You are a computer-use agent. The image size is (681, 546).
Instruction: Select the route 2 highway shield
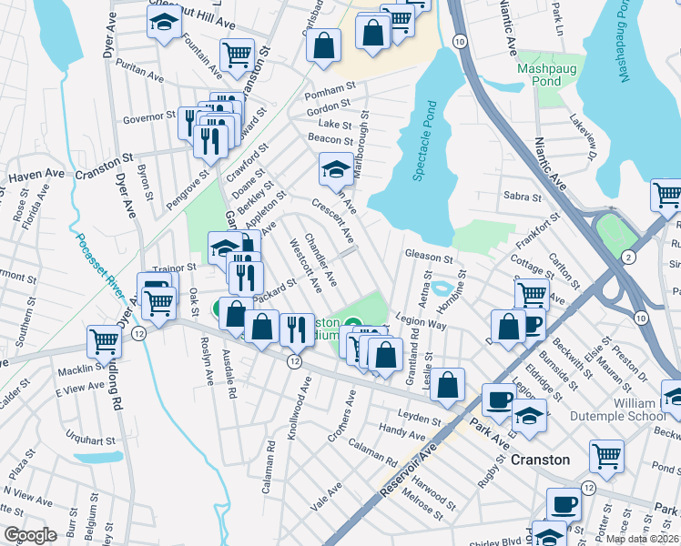coord(628,259)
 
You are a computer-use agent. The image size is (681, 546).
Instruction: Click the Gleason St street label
coord(430,258)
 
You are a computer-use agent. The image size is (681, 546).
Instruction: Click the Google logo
coord(30,535)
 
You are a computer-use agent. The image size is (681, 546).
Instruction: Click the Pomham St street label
coord(330,89)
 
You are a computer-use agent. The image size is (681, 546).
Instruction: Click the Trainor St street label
coord(175,268)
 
